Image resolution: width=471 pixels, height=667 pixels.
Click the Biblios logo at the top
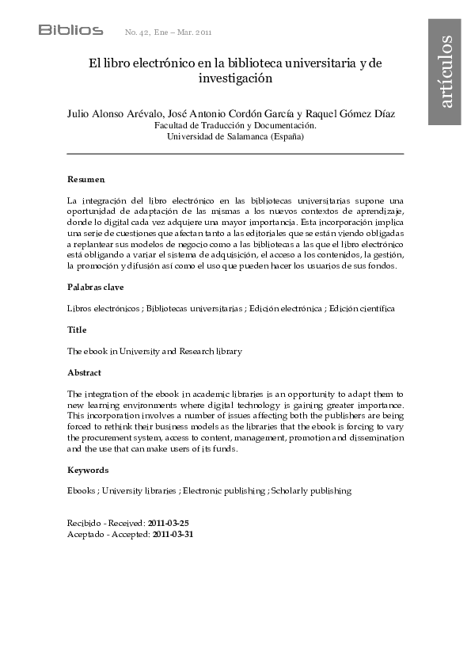click(x=70, y=30)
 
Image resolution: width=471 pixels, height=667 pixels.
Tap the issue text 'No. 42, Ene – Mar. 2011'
click(x=169, y=32)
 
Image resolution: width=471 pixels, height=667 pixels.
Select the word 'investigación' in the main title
click(x=235, y=78)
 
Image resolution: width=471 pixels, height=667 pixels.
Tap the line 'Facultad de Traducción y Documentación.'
click(x=235, y=125)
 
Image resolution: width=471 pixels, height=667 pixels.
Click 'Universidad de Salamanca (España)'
click(x=235, y=136)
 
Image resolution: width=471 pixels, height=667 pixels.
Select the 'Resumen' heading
click(x=85, y=180)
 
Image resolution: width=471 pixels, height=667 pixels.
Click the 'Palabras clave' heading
click(x=95, y=287)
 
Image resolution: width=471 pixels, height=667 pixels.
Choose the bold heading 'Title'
click(x=77, y=330)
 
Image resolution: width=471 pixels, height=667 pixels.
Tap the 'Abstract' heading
click(x=85, y=372)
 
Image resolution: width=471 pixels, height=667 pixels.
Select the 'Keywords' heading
click(x=88, y=470)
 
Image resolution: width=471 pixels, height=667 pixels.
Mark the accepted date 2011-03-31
click(x=173, y=535)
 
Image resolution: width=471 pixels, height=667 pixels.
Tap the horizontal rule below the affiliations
click(x=235, y=153)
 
